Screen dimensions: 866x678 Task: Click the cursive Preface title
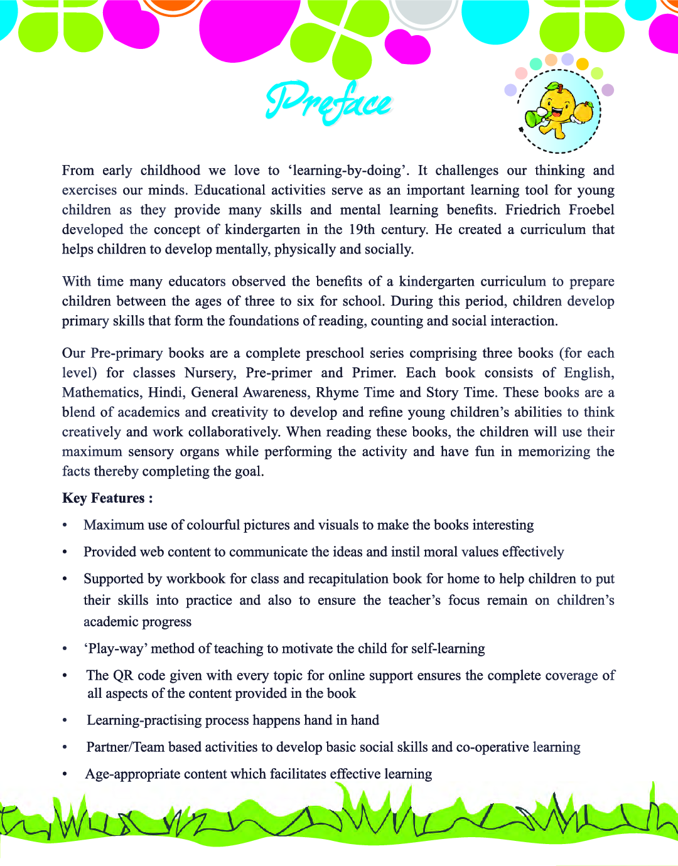(x=328, y=102)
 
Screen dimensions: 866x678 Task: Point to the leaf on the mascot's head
(x=553, y=86)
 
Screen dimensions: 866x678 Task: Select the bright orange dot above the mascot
(x=582, y=63)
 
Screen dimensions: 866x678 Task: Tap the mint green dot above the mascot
(x=535, y=63)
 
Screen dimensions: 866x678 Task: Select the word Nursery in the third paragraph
(x=210, y=373)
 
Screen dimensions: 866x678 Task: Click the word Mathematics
(x=101, y=393)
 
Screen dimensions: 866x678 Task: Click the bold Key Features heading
(x=107, y=498)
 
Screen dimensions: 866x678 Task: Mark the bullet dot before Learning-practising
(x=65, y=721)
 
